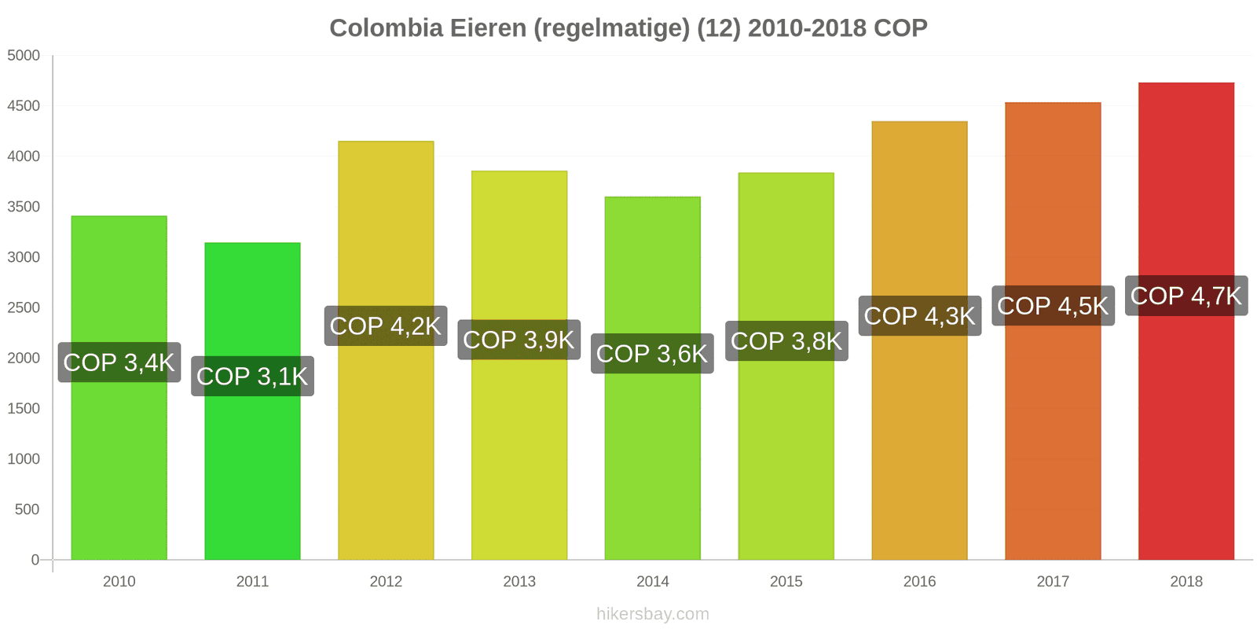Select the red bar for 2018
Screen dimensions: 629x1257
(x=1186, y=440)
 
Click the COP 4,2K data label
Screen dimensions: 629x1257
(x=386, y=326)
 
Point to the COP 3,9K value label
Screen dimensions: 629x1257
(x=519, y=340)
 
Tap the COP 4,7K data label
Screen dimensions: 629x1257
(x=1186, y=296)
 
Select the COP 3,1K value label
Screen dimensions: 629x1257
(x=252, y=376)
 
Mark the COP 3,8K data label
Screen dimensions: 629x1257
(x=786, y=341)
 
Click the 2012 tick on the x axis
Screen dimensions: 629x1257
(x=386, y=581)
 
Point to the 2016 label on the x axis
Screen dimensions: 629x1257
(x=919, y=581)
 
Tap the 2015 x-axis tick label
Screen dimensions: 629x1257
(x=786, y=581)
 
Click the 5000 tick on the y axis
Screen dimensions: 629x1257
(x=24, y=55)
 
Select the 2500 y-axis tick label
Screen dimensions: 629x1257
(x=24, y=307)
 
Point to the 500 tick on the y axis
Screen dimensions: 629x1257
(x=27, y=509)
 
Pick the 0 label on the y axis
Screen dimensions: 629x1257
(x=35, y=560)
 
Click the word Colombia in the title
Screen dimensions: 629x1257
(x=386, y=28)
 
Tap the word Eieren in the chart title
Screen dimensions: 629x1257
(x=487, y=28)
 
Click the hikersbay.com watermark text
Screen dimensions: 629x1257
(x=652, y=614)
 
